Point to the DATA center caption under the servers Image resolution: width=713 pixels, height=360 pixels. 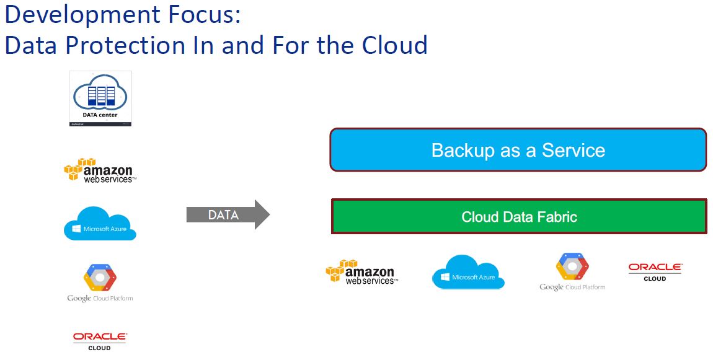coord(100,115)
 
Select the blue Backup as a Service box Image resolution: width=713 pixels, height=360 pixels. coord(518,150)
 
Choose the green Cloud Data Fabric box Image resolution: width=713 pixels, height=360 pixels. coord(519,217)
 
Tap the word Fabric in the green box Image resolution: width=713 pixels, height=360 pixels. coord(556,217)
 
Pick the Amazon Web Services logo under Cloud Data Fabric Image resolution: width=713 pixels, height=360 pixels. coord(361,272)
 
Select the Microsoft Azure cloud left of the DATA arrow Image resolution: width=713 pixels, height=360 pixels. coord(100,224)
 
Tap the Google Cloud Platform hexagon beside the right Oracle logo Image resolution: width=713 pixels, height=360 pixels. coord(572,266)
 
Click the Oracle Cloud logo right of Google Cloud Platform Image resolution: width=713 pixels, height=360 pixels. coord(655,271)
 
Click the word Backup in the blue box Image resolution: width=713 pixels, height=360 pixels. coord(459,150)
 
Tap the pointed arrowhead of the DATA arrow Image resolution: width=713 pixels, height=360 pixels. coord(262,215)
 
